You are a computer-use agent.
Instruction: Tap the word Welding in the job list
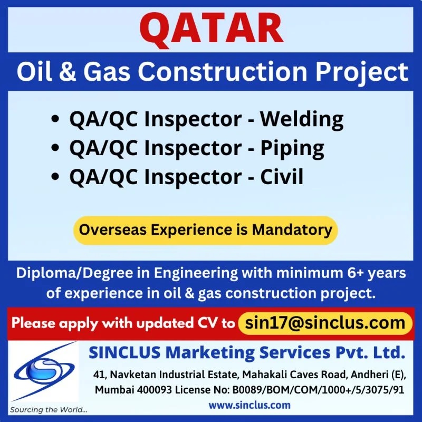(301, 120)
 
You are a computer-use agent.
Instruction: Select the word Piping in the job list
(292, 149)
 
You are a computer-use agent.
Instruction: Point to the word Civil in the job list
(282, 177)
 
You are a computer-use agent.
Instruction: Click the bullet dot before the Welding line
(55, 119)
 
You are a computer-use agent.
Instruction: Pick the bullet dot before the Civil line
(55, 177)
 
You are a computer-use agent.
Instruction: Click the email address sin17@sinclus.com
(325, 323)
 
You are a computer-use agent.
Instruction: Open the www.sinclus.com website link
(250, 405)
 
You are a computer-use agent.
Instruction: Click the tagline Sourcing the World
(49, 410)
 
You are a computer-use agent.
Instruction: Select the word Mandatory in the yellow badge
(292, 231)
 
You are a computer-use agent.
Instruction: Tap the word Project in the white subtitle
(362, 73)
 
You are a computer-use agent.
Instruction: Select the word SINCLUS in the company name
(124, 352)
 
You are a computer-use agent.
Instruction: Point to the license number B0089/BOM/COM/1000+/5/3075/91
(318, 390)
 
